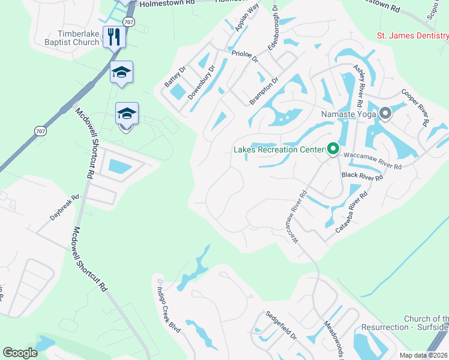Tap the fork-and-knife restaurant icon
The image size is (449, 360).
[x=113, y=37]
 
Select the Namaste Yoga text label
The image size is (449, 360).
[x=348, y=113]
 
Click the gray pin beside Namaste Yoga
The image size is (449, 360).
[x=385, y=112]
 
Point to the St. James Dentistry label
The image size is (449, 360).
[x=412, y=36]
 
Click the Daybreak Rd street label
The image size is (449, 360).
[x=64, y=206]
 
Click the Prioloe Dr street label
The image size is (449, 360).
[x=244, y=57]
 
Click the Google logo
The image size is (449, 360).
[x=20, y=352]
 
